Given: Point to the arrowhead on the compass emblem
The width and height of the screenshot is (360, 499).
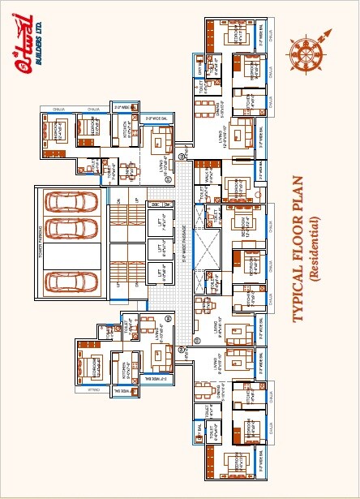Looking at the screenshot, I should pos(327,30).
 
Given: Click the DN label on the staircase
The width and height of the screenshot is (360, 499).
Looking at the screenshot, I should pos(118,200).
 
